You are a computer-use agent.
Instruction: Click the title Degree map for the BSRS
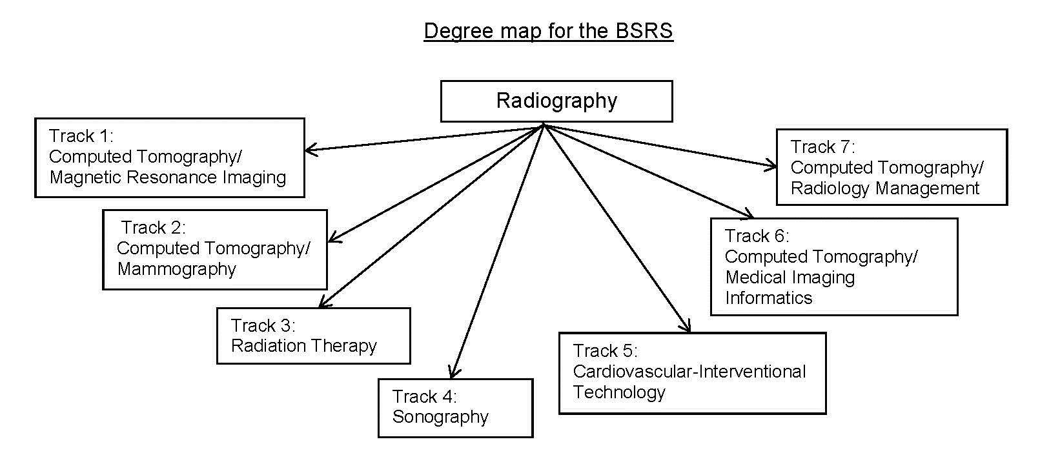point(548,30)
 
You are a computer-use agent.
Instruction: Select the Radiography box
point(556,101)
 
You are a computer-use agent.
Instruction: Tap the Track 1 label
point(81,136)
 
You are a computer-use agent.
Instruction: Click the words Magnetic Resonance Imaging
point(167,177)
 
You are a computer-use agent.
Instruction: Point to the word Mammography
point(176,269)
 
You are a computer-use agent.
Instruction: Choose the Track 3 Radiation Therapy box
point(313,336)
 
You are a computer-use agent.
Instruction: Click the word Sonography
point(440,417)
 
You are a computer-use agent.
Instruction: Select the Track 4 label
point(424,396)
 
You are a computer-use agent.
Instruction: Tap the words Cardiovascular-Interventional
point(689,372)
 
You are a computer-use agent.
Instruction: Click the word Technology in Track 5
point(618,392)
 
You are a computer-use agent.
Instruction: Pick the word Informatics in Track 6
point(768,298)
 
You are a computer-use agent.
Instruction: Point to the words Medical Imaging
point(790,278)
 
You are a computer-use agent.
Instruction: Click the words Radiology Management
point(884,188)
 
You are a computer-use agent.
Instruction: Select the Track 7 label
point(822,147)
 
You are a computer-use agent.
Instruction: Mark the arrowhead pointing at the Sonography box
point(453,373)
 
